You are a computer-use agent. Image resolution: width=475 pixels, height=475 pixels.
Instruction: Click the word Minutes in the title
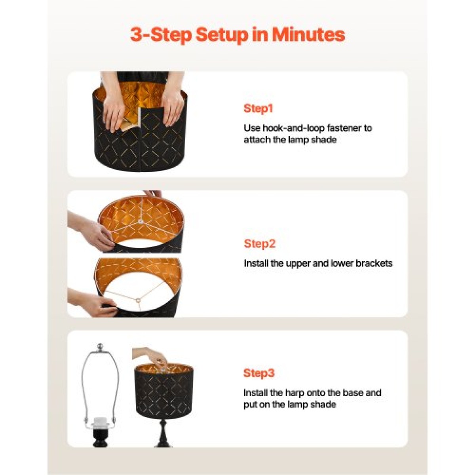pos(308,35)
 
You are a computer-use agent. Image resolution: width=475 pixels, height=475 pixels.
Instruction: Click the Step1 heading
pos(258,108)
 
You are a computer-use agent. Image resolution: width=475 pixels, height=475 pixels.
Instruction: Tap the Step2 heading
pos(259,244)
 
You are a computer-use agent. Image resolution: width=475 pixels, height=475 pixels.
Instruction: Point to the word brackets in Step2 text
pos(374,264)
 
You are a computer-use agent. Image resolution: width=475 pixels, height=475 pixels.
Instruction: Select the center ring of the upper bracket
pos(141,221)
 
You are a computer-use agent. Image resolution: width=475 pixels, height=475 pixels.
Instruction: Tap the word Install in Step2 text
pos(256,263)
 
